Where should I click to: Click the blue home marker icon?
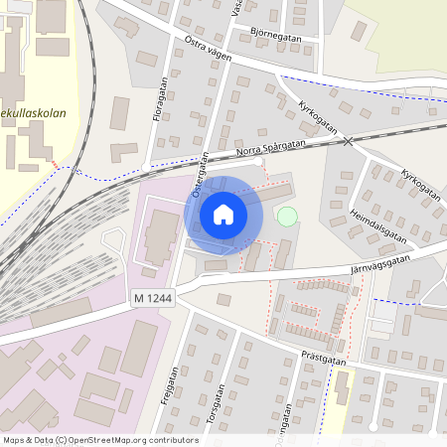pyautogui.click(x=223, y=215)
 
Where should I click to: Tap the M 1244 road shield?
pyautogui.click(x=152, y=297)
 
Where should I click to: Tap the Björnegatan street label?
pyautogui.click(x=275, y=33)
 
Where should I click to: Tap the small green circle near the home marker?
pyautogui.click(x=287, y=216)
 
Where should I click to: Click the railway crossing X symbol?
pyautogui.click(x=348, y=142)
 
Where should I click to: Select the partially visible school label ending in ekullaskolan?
pyautogui.click(x=33, y=113)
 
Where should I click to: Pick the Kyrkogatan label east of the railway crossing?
pyautogui.click(x=418, y=186)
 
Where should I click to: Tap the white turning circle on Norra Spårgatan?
pyautogui.click(x=258, y=161)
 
